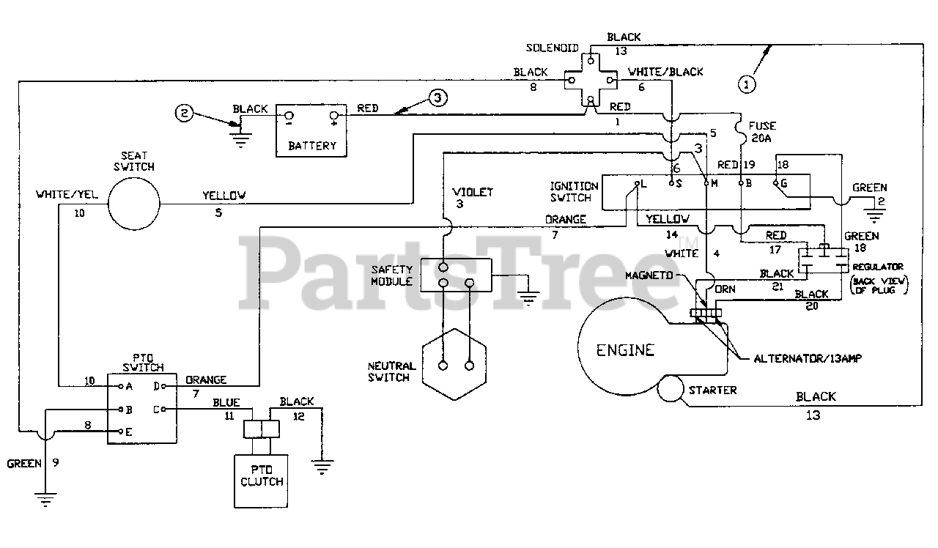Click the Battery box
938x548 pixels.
click(x=311, y=130)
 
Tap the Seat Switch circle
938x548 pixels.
click(x=133, y=202)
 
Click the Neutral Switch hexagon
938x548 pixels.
click(x=455, y=364)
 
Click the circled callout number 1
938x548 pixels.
click(x=747, y=85)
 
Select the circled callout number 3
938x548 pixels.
click(x=436, y=97)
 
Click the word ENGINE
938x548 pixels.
click(x=624, y=349)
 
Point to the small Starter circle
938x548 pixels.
click(x=671, y=389)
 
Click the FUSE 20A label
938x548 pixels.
click(x=763, y=131)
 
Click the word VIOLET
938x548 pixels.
click(x=473, y=193)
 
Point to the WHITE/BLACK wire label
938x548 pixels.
click(x=665, y=72)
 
